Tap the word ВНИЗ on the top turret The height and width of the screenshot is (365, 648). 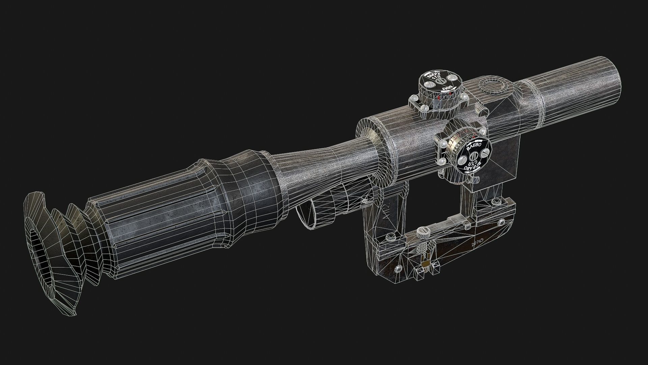(448, 89)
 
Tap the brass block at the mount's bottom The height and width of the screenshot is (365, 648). (426, 263)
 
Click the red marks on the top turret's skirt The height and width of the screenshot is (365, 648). (437, 98)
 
